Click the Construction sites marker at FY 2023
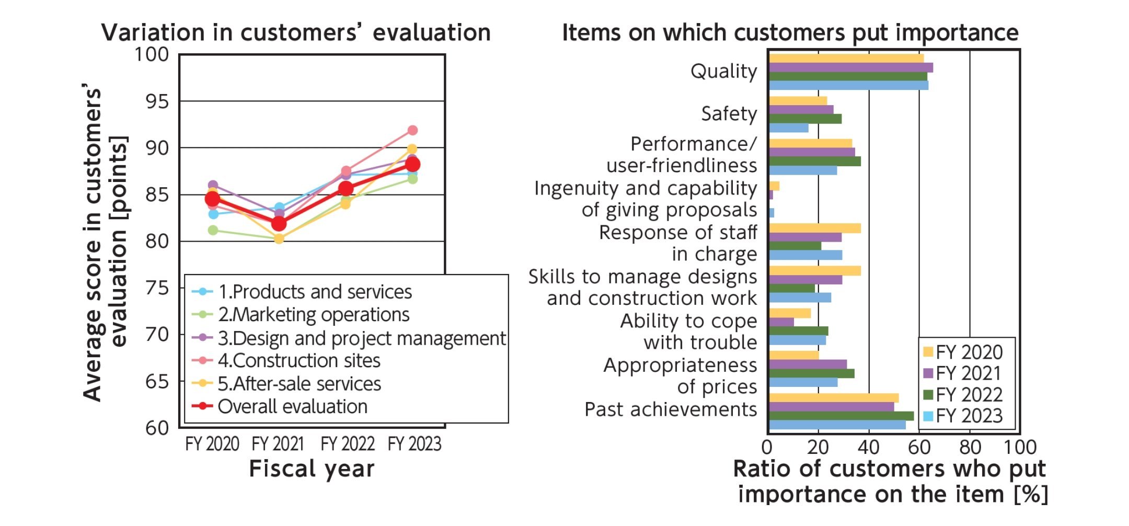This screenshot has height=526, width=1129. (412, 130)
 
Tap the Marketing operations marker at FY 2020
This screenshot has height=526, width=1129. (213, 230)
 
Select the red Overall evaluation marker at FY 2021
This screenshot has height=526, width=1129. (279, 223)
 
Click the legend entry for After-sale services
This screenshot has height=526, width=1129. (299, 384)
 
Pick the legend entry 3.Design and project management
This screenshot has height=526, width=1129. (361, 338)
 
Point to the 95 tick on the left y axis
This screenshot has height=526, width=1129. (157, 101)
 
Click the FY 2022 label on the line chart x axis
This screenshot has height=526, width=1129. (347, 444)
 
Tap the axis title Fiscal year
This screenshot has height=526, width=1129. (312, 468)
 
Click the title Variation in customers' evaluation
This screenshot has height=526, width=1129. (296, 32)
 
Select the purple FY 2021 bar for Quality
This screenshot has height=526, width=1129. (850, 67)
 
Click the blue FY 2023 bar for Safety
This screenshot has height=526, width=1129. (788, 128)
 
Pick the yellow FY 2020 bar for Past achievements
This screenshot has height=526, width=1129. (833, 398)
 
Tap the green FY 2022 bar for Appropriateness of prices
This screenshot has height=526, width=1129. (811, 373)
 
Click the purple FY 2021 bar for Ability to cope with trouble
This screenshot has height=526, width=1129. (781, 322)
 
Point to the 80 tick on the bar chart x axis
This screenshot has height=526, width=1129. (970, 448)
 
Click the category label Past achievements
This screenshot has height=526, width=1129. (671, 409)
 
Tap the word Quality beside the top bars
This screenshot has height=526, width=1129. (723, 71)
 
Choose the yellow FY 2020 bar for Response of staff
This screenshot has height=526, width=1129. (814, 228)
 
